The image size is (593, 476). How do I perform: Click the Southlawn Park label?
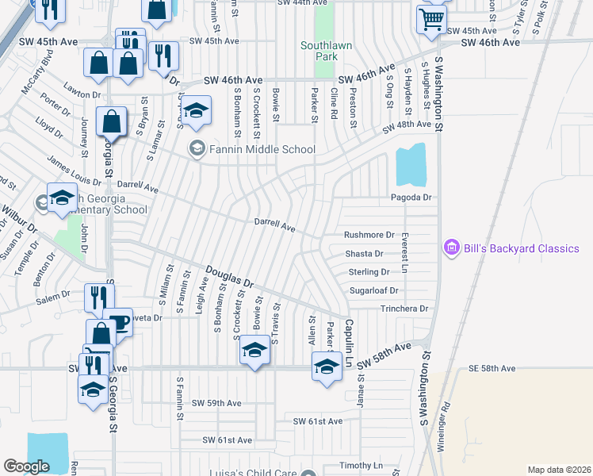[326, 52]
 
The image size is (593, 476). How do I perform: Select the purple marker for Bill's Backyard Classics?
[452, 248]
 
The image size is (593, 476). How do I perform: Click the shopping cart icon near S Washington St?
[431, 19]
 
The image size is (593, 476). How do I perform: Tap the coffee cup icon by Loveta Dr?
[118, 322]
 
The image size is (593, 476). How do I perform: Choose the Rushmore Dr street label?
[369, 235]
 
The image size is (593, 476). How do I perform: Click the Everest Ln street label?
[404, 252]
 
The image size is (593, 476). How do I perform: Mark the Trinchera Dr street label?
[404, 309]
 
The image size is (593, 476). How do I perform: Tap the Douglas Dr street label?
[229, 277]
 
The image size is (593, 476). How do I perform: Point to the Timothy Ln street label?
[361, 465]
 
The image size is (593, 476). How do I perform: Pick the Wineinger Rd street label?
[446, 428]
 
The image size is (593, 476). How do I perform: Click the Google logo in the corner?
[27, 466]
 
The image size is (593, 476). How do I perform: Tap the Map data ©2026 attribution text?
[558, 470]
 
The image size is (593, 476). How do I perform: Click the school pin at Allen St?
[326, 367]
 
